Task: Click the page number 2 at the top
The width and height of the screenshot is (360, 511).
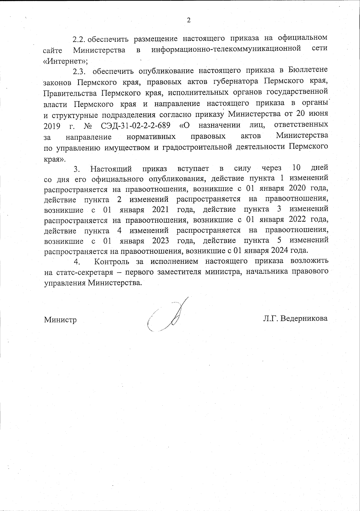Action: (x=188, y=20)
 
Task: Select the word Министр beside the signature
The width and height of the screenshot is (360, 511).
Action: (x=60, y=320)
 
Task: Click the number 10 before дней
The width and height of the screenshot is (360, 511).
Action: (x=296, y=167)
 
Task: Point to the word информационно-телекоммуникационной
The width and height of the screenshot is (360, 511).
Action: (x=226, y=49)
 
